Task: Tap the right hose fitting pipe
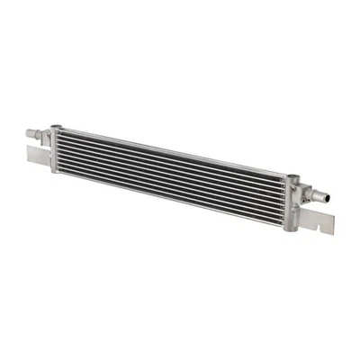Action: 319,193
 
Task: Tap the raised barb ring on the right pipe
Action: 321,193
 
